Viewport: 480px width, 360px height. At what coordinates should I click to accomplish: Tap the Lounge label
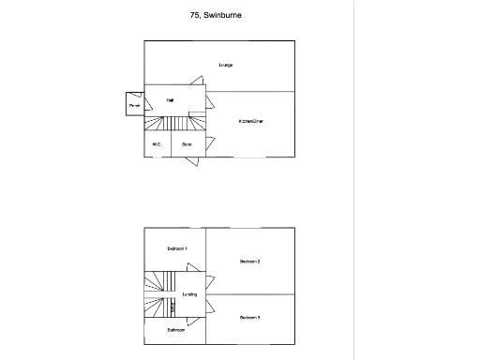pyautogui.click(x=225, y=65)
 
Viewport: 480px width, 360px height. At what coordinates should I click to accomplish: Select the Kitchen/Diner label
pyautogui.click(x=250, y=121)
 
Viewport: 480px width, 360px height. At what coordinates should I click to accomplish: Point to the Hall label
pyautogui.click(x=171, y=99)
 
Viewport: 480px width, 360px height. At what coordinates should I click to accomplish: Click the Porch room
pyautogui.click(x=134, y=105)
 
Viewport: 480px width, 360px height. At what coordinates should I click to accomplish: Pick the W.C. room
pyautogui.click(x=157, y=144)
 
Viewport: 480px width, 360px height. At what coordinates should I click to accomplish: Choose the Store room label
pyautogui.click(x=187, y=144)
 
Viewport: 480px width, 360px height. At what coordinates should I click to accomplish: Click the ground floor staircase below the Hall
pyautogui.click(x=174, y=124)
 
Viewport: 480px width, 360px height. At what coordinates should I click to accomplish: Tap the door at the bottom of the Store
pyautogui.click(x=190, y=161)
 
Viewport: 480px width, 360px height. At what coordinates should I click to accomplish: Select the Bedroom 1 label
pyautogui.click(x=177, y=248)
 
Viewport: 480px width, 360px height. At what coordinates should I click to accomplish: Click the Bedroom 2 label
pyautogui.click(x=249, y=262)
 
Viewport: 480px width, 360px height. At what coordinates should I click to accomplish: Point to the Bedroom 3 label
pyautogui.click(x=249, y=318)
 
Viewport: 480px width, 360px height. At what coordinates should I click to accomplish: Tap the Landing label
pyautogui.click(x=188, y=294)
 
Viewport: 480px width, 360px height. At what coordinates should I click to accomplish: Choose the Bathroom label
pyautogui.click(x=175, y=330)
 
